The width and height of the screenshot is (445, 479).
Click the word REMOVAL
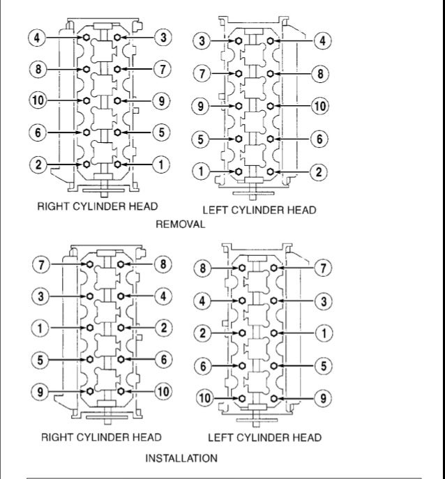(x=181, y=225)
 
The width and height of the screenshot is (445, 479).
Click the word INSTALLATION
(x=181, y=458)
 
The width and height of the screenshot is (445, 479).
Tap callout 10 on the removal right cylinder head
(x=38, y=100)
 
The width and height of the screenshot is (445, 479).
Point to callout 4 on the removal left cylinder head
(x=322, y=42)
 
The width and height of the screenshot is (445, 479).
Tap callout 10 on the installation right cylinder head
(x=163, y=391)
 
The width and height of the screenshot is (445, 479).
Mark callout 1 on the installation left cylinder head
(x=324, y=332)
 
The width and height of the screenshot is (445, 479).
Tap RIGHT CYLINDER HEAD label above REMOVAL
(x=98, y=206)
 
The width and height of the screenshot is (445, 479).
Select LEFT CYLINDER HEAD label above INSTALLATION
(x=264, y=438)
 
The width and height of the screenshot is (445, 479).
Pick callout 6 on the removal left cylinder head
(x=319, y=138)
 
